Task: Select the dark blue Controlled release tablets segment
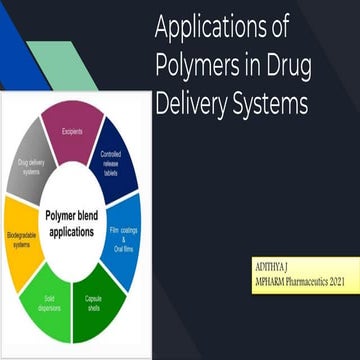[116, 162]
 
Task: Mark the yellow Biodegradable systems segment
[21, 240]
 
